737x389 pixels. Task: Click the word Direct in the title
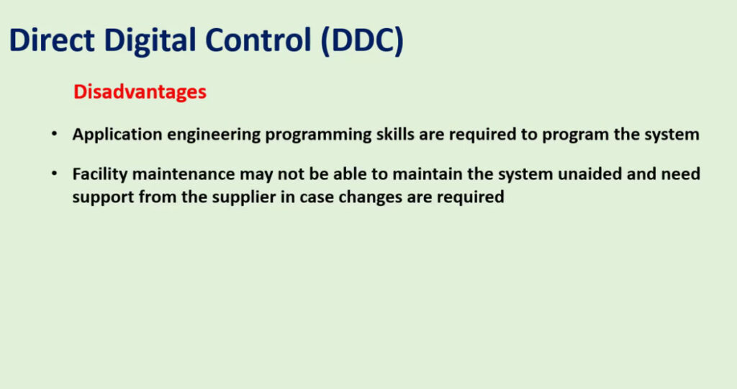52,40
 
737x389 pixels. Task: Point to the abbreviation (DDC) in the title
363,41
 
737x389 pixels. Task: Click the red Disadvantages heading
140,91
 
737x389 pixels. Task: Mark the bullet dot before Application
55,134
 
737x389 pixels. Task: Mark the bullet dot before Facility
55,174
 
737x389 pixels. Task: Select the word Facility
99,175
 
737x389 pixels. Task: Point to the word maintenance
184,174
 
